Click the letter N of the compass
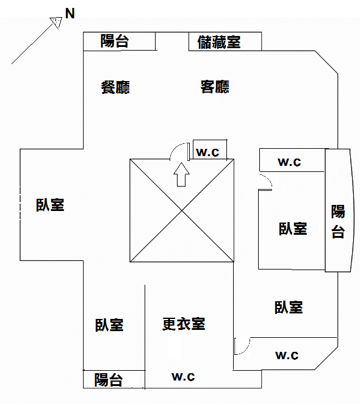click(70, 13)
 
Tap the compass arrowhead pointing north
click(57, 22)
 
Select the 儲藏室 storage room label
click(219, 42)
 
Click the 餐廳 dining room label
click(115, 87)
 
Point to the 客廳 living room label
click(215, 87)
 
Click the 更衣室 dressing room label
click(184, 324)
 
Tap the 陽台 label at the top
click(115, 41)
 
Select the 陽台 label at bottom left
click(108, 379)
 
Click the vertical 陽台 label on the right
click(337, 221)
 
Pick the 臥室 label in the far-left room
click(50, 205)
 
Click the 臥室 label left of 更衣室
click(109, 325)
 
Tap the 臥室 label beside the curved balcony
click(293, 228)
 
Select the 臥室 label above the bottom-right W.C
click(289, 307)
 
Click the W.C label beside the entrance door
click(207, 152)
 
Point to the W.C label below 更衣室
click(183, 377)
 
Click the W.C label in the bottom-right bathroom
click(287, 355)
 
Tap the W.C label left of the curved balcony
click(289, 162)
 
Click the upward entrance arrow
click(181, 174)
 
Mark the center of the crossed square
click(182, 210)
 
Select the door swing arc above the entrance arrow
click(175, 148)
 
